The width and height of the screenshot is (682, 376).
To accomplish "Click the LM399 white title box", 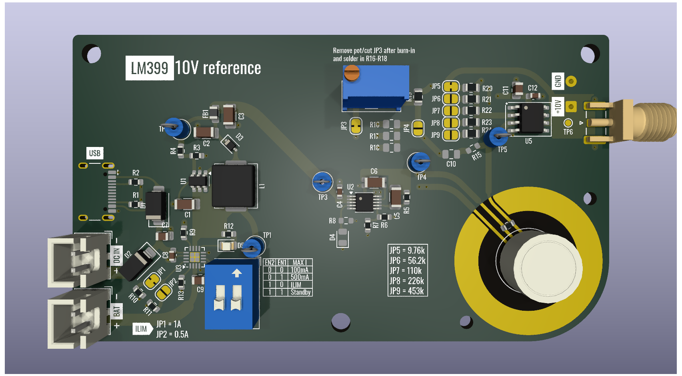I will (x=150, y=68).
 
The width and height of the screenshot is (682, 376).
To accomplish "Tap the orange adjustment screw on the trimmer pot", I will (x=352, y=73).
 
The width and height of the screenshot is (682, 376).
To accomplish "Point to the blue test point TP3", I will (x=322, y=182).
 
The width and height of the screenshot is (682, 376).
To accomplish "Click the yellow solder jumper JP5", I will (x=451, y=86).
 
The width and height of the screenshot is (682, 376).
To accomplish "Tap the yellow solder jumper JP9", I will (x=451, y=135).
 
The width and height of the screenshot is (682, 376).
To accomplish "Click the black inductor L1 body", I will (x=234, y=186).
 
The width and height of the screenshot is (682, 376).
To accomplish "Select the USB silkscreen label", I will (x=95, y=153).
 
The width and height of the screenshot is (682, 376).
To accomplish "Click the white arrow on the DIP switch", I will (x=237, y=273).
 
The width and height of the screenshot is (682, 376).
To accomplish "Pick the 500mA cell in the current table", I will (x=300, y=277).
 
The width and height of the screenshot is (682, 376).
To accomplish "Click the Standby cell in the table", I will (x=300, y=292).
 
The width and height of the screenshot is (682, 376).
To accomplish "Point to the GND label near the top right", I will (x=558, y=81).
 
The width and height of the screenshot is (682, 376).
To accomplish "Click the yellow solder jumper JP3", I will (x=356, y=126).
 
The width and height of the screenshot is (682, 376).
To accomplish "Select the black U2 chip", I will (x=364, y=202).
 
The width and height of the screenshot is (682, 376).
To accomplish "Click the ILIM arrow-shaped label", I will (x=142, y=329).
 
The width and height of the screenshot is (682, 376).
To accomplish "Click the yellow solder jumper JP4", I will (x=418, y=128).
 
